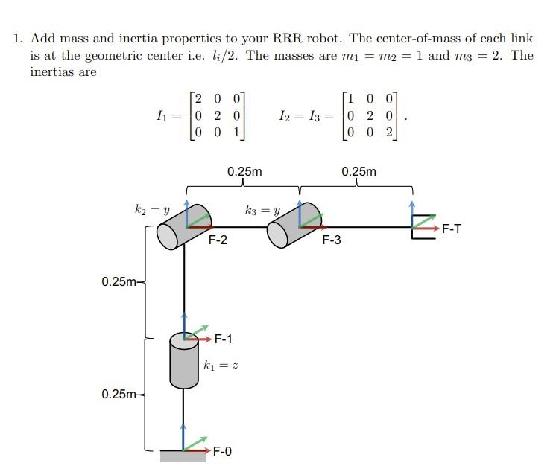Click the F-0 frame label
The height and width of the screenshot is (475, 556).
click(222, 450)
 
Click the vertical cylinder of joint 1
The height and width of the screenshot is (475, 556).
click(183, 361)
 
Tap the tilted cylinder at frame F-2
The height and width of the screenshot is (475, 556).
click(179, 228)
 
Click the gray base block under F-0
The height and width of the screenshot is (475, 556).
click(183, 456)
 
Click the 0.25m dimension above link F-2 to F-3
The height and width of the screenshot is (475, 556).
click(244, 172)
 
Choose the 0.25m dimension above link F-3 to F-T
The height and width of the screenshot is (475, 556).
click(358, 172)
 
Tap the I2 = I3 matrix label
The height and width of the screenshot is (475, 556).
click(300, 115)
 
